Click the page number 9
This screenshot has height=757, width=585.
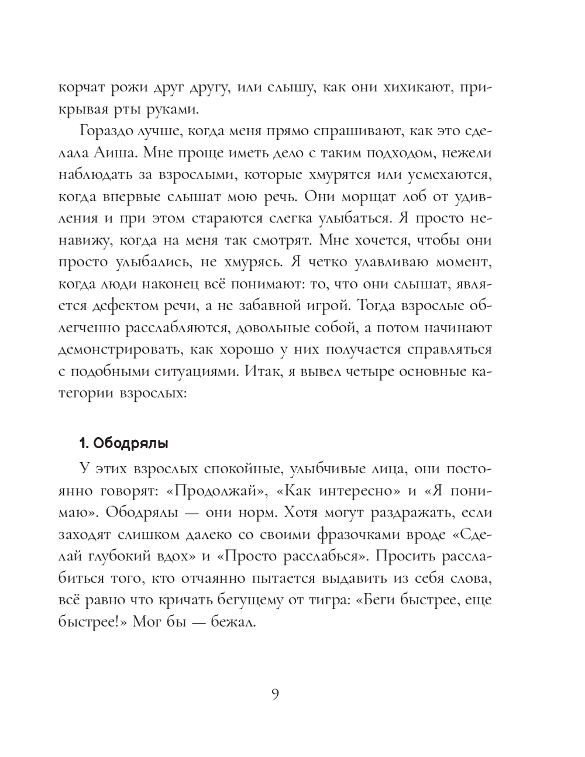[276, 694]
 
